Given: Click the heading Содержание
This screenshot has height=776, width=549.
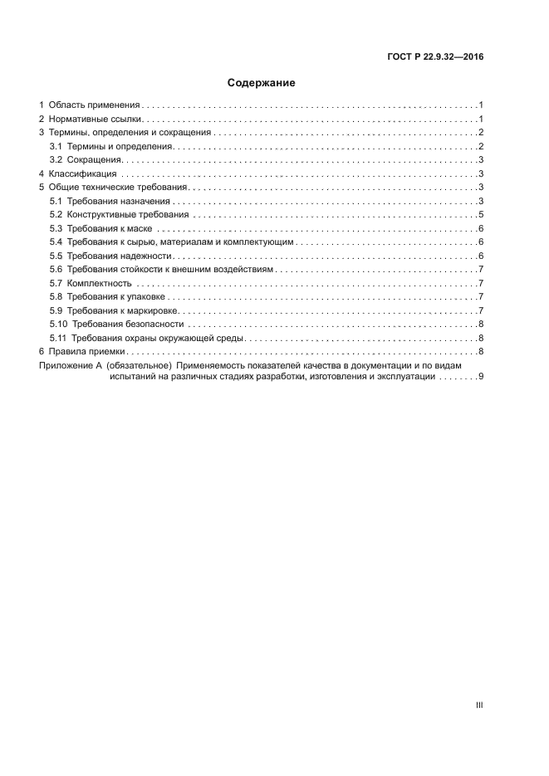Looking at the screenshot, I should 262,83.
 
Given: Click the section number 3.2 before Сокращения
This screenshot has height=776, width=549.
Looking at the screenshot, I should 56,160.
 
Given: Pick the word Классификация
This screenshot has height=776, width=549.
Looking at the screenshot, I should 83,173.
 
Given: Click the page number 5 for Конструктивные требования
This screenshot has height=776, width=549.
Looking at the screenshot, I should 481,215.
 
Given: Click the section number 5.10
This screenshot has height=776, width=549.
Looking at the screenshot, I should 58,324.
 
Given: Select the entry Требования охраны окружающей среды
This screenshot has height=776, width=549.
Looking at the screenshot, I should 157,338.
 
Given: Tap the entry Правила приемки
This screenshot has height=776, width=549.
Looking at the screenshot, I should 86,352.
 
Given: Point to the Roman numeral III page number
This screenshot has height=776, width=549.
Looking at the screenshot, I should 479,705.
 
